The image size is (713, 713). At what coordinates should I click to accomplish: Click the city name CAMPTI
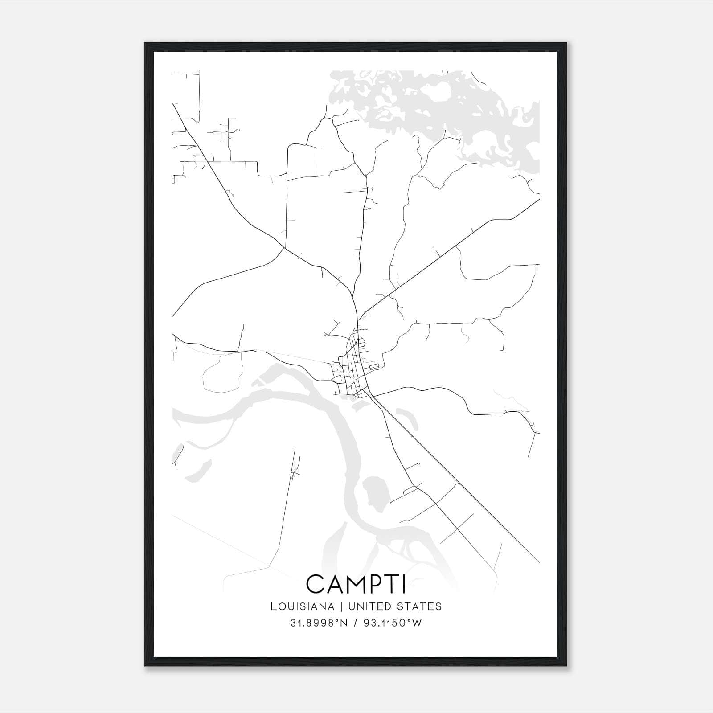pos(356,584)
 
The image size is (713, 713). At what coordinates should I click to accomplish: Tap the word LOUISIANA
pos(302,606)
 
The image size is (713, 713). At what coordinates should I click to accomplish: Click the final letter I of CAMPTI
pos(404,584)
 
